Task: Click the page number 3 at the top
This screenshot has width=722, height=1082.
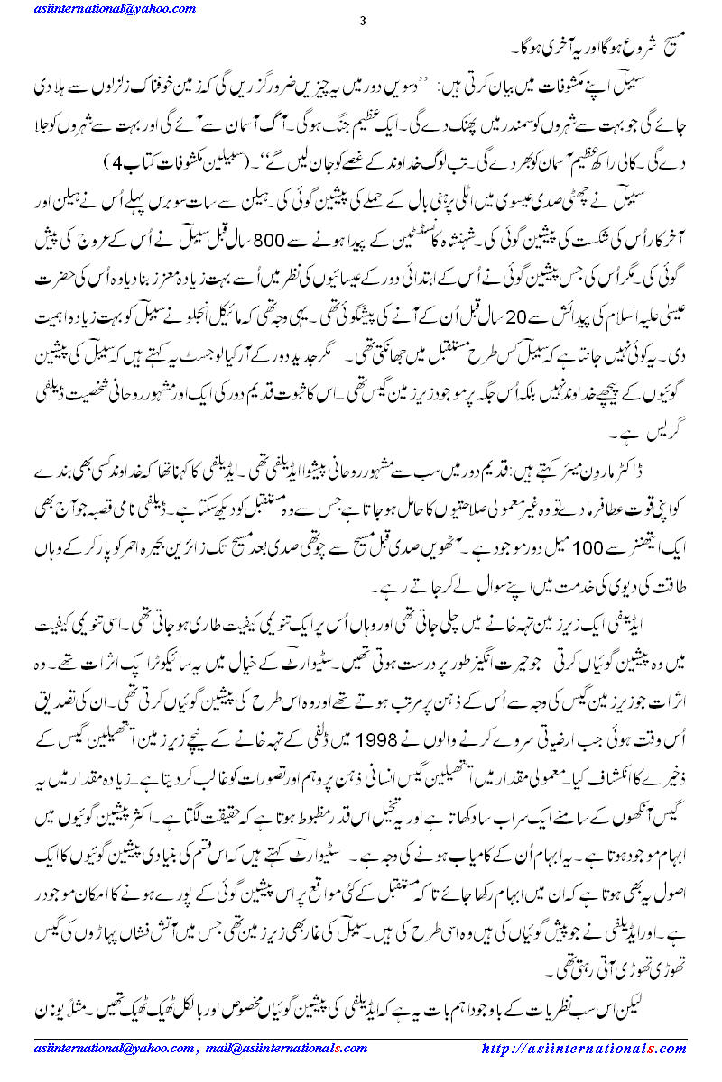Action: coord(361,22)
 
